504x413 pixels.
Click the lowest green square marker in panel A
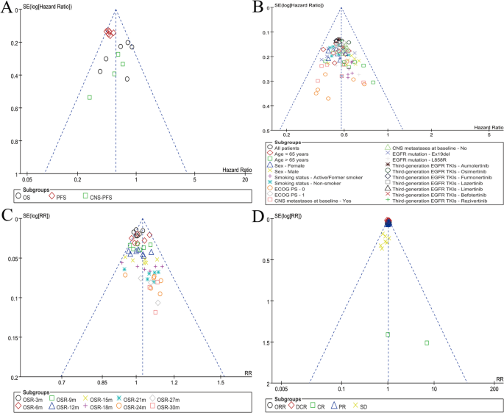90,97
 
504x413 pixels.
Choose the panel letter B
258,10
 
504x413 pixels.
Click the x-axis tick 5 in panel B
489,135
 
